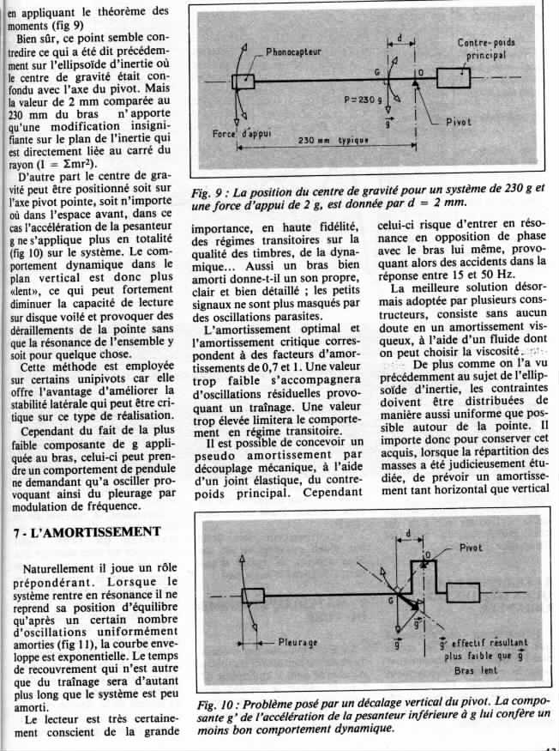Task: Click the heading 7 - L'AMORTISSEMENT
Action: [88, 532]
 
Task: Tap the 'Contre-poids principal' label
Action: [486, 49]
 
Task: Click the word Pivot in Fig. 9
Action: [463, 123]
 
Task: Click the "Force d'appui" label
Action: [239, 136]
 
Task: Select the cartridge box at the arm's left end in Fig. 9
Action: [243, 82]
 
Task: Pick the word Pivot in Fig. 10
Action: [472, 548]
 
